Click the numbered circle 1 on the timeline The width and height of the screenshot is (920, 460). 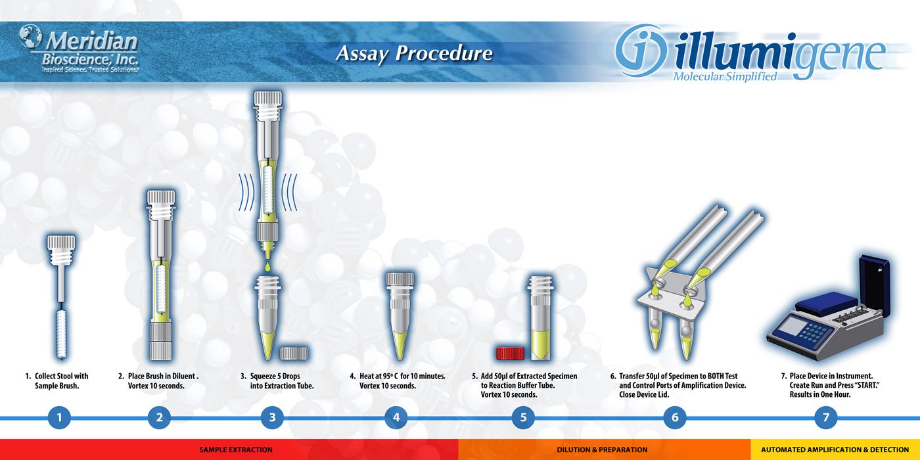(x=60, y=418)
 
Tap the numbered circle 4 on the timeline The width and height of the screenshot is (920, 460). (x=396, y=418)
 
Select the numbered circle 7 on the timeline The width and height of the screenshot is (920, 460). (x=825, y=418)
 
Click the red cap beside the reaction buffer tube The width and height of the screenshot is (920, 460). (x=510, y=354)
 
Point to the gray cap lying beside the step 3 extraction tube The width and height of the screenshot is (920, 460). (x=294, y=354)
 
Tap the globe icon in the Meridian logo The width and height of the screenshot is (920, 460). (x=30, y=35)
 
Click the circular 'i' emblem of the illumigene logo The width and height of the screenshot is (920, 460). (x=641, y=51)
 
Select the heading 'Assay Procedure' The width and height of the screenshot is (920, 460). (x=414, y=54)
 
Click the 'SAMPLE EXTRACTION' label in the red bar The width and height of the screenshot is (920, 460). (x=236, y=449)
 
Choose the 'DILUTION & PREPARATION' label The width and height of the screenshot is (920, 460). (x=602, y=449)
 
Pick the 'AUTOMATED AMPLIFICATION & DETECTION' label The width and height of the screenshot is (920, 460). (x=835, y=449)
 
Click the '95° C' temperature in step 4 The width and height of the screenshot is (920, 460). (x=386, y=376)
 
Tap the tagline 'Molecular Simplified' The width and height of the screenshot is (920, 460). (x=725, y=76)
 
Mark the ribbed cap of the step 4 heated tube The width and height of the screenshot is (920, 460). (x=400, y=279)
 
